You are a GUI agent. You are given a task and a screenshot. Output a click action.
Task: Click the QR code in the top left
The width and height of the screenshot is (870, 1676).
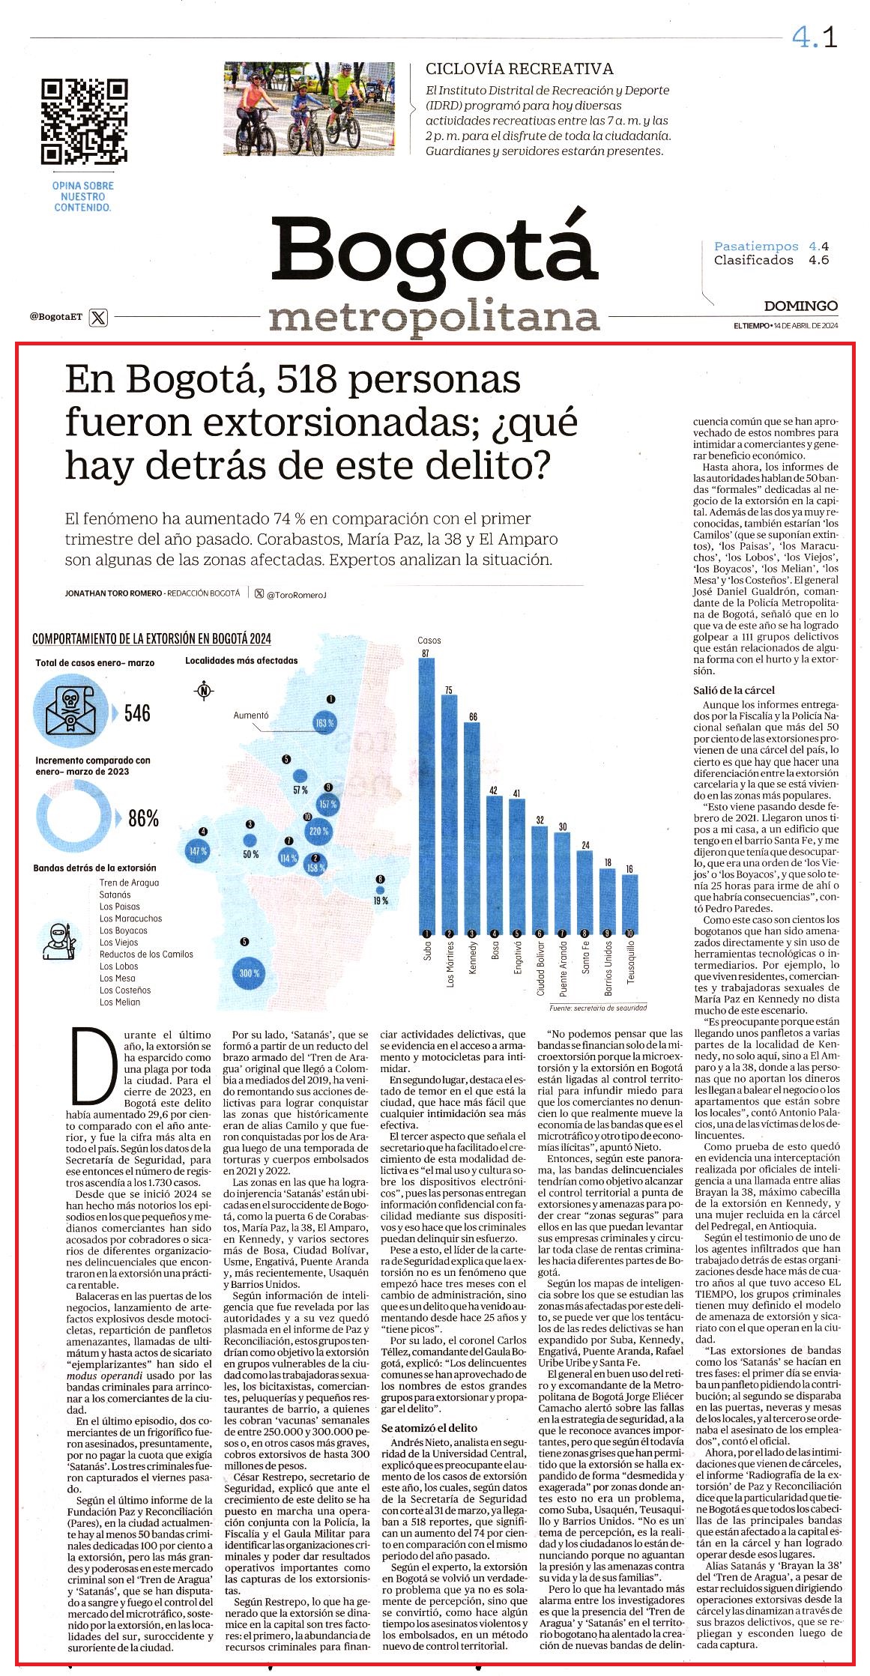pos(84,121)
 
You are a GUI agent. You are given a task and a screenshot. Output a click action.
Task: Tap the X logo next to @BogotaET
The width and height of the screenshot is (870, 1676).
pos(98,317)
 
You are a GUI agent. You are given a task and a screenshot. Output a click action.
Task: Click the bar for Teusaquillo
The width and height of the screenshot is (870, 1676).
pos(629,904)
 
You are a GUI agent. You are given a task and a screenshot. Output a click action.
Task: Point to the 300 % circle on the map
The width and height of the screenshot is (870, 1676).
pos(250,973)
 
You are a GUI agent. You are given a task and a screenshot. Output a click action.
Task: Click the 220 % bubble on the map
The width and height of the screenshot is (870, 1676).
pos(318,831)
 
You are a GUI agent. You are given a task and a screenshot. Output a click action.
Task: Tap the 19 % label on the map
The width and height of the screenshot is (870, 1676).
pos(381,901)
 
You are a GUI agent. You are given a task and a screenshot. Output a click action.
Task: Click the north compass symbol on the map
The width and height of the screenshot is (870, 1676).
pos(203,691)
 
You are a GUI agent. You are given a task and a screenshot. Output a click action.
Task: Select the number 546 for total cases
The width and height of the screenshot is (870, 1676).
pos(137,713)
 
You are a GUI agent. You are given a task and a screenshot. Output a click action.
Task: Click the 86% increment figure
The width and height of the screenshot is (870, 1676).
pos(144,819)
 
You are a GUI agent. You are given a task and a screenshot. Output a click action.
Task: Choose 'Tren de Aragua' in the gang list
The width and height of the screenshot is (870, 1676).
pos(129,883)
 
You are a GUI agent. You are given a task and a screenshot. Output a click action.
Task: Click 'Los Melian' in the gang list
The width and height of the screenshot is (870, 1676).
pos(120,1002)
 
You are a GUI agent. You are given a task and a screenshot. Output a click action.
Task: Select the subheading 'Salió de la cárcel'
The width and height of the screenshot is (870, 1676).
pos(734,690)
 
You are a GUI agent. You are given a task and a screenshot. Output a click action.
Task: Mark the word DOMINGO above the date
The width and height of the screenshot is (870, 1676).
pos(800,306)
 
